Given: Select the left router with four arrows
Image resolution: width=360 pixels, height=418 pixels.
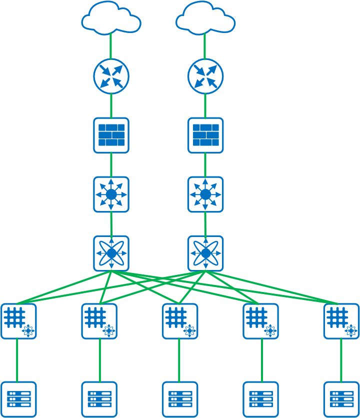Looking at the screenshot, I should click(111, 76).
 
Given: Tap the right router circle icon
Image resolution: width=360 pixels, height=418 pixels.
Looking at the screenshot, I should click(205, 76).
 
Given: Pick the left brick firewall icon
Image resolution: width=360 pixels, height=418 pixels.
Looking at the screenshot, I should click(111, 135).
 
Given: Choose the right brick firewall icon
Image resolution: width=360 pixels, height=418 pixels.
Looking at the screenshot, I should click(205, 135).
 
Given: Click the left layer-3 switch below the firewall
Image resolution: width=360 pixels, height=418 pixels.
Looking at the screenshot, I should click(111, 194).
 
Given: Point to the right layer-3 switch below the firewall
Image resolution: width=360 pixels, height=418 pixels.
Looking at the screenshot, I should click(205, 194).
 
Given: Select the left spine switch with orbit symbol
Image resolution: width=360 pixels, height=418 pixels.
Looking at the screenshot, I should click(111, 253).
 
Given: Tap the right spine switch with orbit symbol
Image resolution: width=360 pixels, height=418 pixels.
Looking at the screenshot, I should click(205, 253).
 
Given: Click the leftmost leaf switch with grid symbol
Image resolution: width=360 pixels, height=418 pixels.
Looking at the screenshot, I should click(18, 321).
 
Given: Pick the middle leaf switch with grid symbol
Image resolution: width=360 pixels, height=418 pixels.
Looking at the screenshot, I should click(180, 321).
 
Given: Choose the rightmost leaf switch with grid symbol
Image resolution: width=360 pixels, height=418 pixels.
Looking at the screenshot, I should click(341, 321).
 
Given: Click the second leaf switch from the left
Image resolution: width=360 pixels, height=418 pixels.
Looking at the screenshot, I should click(99, 321).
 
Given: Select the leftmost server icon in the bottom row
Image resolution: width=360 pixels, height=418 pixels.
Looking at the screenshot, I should click(18, 399).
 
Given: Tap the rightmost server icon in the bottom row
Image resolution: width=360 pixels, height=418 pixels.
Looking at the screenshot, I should click(341, 399).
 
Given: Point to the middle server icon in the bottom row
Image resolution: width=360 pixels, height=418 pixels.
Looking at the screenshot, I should click(180, 399).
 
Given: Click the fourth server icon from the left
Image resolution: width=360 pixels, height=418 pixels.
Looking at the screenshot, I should click(261, 399).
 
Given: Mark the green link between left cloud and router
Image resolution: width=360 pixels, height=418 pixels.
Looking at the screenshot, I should click(110, 46).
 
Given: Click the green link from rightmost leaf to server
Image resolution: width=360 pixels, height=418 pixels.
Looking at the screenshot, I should click(341, 360).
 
